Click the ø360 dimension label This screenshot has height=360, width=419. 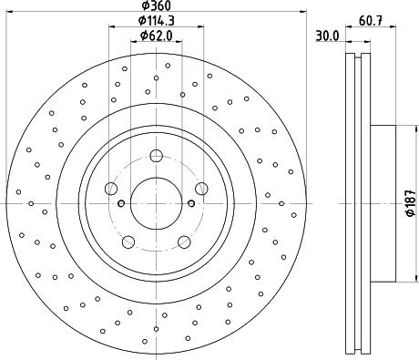(156, 5)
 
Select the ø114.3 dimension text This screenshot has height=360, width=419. (156, 21)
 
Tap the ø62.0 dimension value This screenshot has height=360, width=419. (156, 36)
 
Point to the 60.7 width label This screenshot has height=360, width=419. (371, 21)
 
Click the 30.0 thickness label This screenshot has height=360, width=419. (327, 36)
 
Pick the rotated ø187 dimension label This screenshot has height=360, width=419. (411, 203)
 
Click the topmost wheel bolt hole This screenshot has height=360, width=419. (156, 156)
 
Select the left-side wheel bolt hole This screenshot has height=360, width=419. (111, 189)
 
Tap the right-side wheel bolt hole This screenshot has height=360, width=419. (201, 189)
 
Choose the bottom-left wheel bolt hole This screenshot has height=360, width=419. (128, 242)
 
